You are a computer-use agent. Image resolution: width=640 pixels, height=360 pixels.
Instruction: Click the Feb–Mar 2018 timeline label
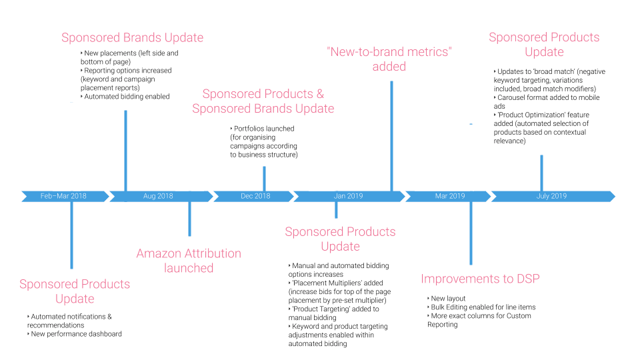click(63, 196)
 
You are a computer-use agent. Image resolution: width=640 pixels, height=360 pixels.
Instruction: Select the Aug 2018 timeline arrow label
click(158, 196)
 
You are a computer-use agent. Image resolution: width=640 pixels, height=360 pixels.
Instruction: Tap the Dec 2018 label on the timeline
click(255, 196)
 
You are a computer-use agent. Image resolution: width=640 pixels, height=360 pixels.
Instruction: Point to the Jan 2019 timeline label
click(348, 196)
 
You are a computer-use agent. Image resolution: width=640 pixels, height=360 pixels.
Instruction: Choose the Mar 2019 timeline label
click(450, 196)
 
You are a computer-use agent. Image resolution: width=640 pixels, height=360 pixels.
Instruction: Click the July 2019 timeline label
click(551, 196)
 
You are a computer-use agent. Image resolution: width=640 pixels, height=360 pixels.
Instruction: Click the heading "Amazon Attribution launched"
click(189, 261)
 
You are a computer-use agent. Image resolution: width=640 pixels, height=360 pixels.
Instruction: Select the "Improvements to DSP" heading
click(480, 279)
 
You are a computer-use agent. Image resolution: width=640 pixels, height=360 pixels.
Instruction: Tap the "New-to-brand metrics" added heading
click(389, 58)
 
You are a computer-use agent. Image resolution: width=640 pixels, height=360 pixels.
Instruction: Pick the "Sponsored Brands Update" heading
click(133, 37)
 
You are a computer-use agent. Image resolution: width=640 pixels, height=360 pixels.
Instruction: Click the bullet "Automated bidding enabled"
click(127, 97)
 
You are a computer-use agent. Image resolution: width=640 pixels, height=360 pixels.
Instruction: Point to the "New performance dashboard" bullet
click(76, 334)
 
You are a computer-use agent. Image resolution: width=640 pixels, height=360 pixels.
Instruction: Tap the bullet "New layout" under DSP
click(448, 299)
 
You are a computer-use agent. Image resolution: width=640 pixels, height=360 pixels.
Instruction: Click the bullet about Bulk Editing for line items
click(483, 307)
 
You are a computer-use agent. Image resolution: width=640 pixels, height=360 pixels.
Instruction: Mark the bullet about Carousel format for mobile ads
click(548, 97)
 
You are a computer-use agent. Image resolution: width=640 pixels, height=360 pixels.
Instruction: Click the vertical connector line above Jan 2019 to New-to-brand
click(391, 136)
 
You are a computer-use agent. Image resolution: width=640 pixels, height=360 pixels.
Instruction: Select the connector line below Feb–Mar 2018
click(71, 234)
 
